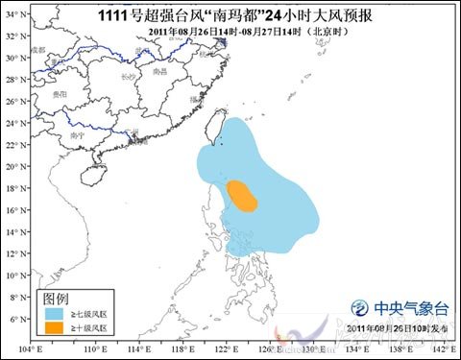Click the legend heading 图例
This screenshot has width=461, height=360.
[x=55, y=298]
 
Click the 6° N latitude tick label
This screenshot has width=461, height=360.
[x=13, y=319]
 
